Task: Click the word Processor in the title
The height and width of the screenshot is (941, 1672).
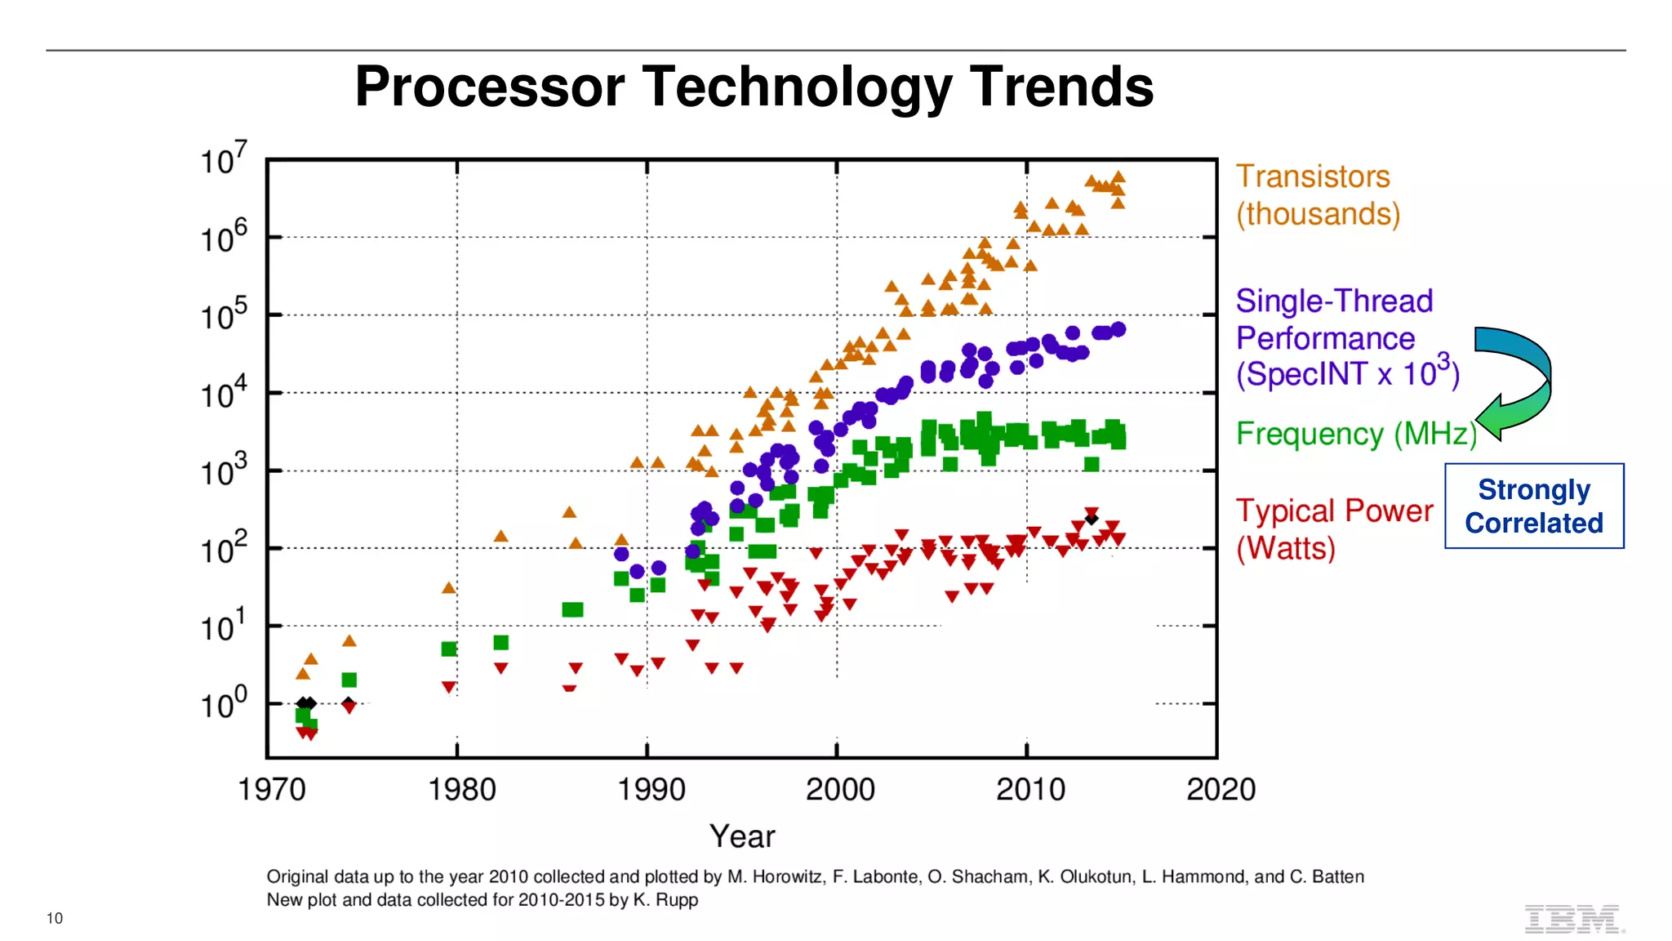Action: (489, 87)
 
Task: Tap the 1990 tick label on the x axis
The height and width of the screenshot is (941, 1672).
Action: (651, 790)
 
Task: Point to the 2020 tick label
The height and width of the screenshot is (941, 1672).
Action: (1221, 790)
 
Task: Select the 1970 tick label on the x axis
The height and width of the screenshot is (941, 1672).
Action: (271, 790)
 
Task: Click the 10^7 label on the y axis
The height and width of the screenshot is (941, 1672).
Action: (222, 159)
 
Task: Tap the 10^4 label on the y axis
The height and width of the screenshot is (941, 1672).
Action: (222, 393)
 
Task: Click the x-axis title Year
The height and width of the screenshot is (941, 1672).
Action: (741, 836)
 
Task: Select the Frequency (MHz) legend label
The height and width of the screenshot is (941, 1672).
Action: (1356, 434)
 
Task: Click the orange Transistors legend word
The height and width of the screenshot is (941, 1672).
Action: (1312, 177)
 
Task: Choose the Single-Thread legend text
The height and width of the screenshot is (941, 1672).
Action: (1334, 301)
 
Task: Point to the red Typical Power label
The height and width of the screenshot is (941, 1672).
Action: (1334, 511)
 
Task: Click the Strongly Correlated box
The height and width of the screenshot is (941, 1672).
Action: (1533, 506)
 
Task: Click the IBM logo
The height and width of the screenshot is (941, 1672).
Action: (1572, 919)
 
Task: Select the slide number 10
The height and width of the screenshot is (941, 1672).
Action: (54, 918)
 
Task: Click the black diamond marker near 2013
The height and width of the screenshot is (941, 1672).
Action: (1092, 519)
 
